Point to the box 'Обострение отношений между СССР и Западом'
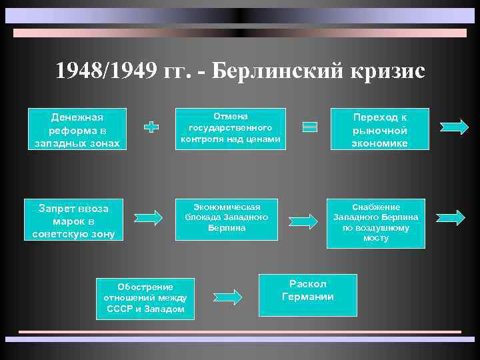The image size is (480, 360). click(145, 298)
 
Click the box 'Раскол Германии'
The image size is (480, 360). click(307, 291)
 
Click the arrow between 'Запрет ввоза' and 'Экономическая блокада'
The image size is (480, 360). click(147, 217)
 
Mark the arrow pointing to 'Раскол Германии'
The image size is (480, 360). click(228, 296)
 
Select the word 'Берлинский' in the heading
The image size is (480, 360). click(276, 71)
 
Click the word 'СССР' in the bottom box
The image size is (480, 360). click(120, 310)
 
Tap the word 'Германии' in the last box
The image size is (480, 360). click(307, 297)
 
